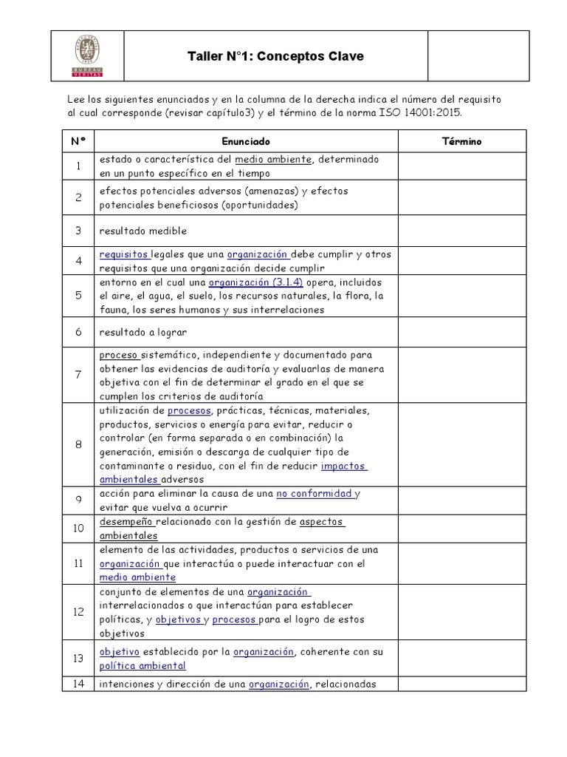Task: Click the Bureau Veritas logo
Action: coord(88,55)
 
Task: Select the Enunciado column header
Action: coord(246,140)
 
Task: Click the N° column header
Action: coord(78,140)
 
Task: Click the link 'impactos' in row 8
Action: coord(344,466)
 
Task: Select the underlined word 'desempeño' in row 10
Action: coord(126,522)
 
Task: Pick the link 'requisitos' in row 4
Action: coord(124,254)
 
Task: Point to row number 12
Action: coord(78,612)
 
